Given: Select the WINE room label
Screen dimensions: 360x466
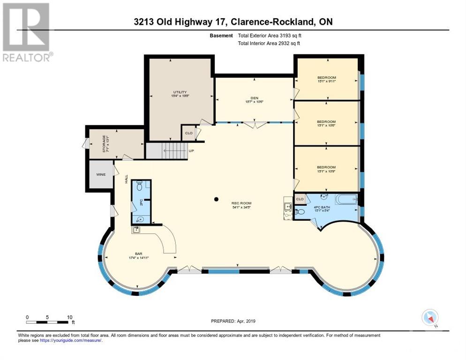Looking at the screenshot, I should pos(101,174).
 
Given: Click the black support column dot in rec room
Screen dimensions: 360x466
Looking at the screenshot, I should pos(216,199).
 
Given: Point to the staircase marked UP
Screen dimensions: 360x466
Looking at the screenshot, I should pos(175,151).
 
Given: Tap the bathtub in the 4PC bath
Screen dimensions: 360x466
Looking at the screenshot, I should pos(345,200).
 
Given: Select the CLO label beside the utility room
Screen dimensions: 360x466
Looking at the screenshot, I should pos(188,133).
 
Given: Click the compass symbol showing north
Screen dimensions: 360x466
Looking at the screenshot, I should pos(429,318).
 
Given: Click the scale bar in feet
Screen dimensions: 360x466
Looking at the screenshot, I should pos(49,322).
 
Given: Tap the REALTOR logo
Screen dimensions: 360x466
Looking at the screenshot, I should pos(27,32).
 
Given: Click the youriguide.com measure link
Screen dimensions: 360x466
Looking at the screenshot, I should pos(71,340).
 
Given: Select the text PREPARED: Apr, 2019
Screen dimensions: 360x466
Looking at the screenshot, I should pos(233,321).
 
